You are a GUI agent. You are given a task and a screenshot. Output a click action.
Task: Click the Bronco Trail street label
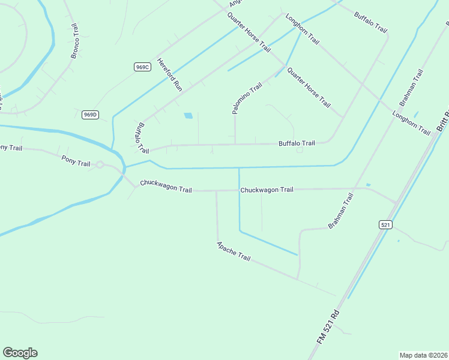click(x=77, y=41)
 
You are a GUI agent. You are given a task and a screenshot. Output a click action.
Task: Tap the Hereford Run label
click(x=169, y=74)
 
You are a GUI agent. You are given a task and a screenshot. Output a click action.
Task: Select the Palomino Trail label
click(x=247, y=98)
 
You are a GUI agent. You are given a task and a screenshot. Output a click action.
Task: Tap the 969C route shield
click(x=142, y=67)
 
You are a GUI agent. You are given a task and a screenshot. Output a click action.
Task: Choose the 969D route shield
click(x=90, y=115)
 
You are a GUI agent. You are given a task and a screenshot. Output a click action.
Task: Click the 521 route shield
click(x=385, y=224)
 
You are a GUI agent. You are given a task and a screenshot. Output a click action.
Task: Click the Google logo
click(x=20, y=353)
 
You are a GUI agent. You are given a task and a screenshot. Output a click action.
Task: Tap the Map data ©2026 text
click(x=423, y=355)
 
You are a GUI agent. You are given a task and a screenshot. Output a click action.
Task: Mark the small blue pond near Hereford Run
click(x=188, y=115)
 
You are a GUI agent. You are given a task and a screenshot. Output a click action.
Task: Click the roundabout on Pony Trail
click(x=100, y=164)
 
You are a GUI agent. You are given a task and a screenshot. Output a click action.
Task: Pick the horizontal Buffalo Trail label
click(x=297, y=143)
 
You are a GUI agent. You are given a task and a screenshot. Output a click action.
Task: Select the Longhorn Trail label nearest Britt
click(x=411, y=122)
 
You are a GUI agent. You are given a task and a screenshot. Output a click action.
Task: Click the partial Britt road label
click(x=443, y=121)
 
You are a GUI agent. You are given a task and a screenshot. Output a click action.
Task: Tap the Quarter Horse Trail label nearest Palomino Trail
click(x=309, y=87)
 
